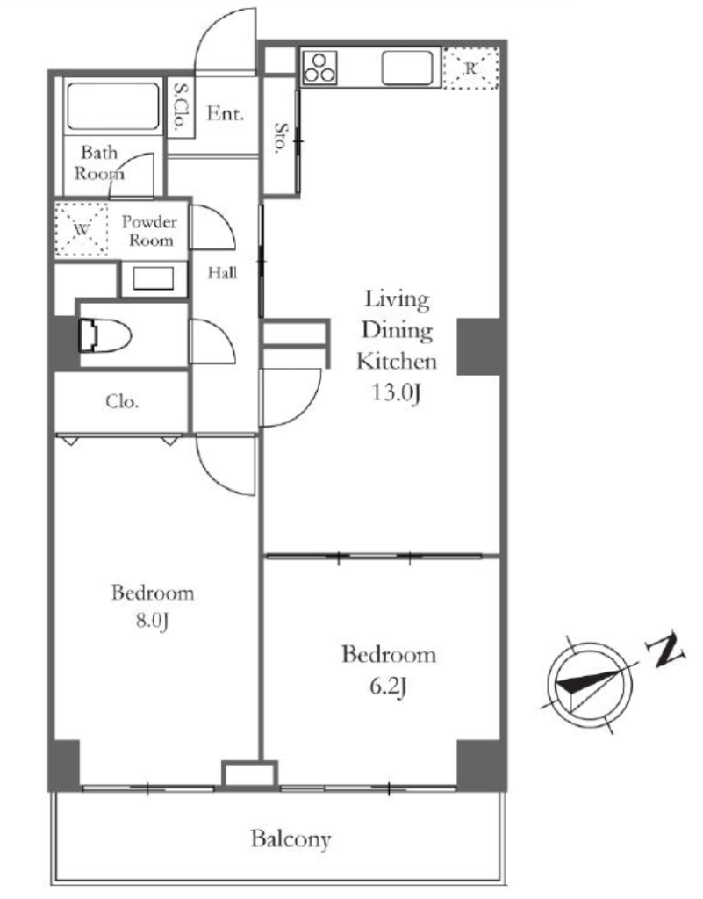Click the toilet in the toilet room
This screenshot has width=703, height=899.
tap(105, 334)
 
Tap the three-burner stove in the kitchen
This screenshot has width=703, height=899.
tap(319, 67)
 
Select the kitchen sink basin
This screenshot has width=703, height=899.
tap(406, 68)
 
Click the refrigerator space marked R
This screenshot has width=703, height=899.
tap(470, 68)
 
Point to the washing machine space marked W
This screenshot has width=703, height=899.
tap(82, 229)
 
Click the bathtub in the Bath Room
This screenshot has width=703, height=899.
tap(113, 106)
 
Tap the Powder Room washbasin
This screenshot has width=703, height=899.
tap(154, 279)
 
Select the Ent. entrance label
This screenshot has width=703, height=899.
tap(226, 113)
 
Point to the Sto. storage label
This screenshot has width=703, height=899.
tap(281, 137)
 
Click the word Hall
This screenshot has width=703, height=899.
tap(222, 272)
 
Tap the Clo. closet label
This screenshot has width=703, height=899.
tap(122, 401)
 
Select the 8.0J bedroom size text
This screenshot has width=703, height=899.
tap(152, 621)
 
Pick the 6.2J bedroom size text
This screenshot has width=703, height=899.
tap(389, 686)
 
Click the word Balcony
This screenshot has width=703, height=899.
tap(291, 839)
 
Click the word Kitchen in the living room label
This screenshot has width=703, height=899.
tap(397, 361)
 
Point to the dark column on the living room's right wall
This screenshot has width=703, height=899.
tap(479, 346)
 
